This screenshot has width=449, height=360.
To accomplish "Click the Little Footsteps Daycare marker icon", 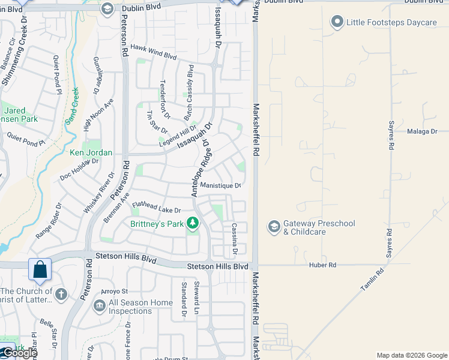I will [337, 23].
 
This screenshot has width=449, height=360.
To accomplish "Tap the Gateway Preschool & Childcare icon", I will [274, 226].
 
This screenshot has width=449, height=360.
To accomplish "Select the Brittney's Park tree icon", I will [193, 224].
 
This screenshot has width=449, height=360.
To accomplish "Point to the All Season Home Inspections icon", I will [99, 306].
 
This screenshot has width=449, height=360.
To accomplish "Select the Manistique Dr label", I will [220, 185].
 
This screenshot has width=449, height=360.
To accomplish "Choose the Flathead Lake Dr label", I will [157, 208].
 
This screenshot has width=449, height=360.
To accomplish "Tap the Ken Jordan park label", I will [91, 153].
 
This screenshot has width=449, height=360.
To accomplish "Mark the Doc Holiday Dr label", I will [79, 170].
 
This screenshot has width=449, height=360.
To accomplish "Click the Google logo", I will [19, 353].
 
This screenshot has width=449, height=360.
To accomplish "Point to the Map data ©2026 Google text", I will [412, 355].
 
